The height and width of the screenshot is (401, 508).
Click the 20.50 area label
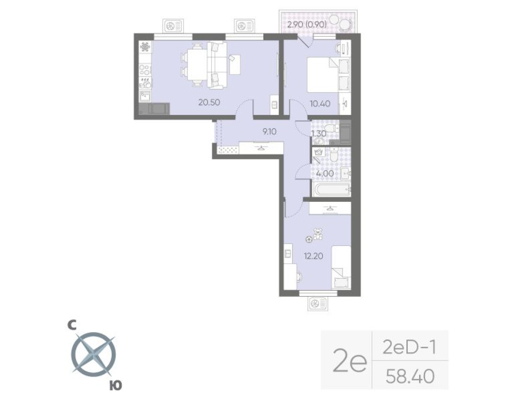[209, 103]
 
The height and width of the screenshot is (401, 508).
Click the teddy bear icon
[318, 234]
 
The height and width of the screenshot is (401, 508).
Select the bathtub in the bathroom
[331, 189]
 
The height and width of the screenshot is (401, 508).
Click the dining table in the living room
[196, 64]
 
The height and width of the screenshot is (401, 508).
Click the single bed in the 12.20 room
[340, 267]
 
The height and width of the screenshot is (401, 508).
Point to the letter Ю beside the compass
[116, 386]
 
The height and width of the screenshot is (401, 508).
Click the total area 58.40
[410, 376]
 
